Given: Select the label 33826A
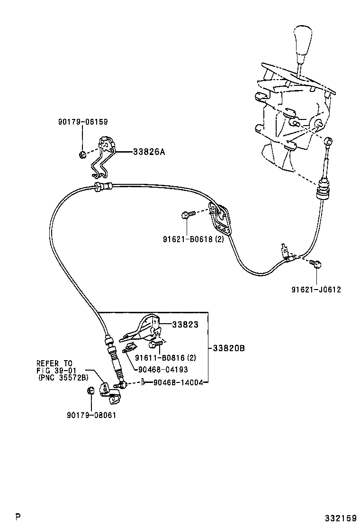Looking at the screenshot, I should pyautogui.click(x=149, y=152).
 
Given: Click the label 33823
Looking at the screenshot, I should pyautogui.click(x=184, y=325).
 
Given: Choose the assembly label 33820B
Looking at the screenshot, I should pyautogui.click(x=228, y=348).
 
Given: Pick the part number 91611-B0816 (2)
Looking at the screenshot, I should pyautogui.click(x=165, y=358).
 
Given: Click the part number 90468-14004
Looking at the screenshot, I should pyautogui.click(x=178, y=382).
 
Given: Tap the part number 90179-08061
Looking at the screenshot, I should pyautogui.click(x=91, y=415).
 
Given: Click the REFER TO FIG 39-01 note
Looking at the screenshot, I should pyautogui.click(x=63, y=371).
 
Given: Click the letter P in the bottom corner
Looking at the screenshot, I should pyautogui.click(x=18, y=516).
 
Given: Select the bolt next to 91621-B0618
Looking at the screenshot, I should pyautogui.click(x=187, y=215).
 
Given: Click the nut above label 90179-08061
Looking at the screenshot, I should pyautogui.click(x=91, y=391).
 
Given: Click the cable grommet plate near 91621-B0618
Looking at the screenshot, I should pyautogui.click(x=221, y=219).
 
